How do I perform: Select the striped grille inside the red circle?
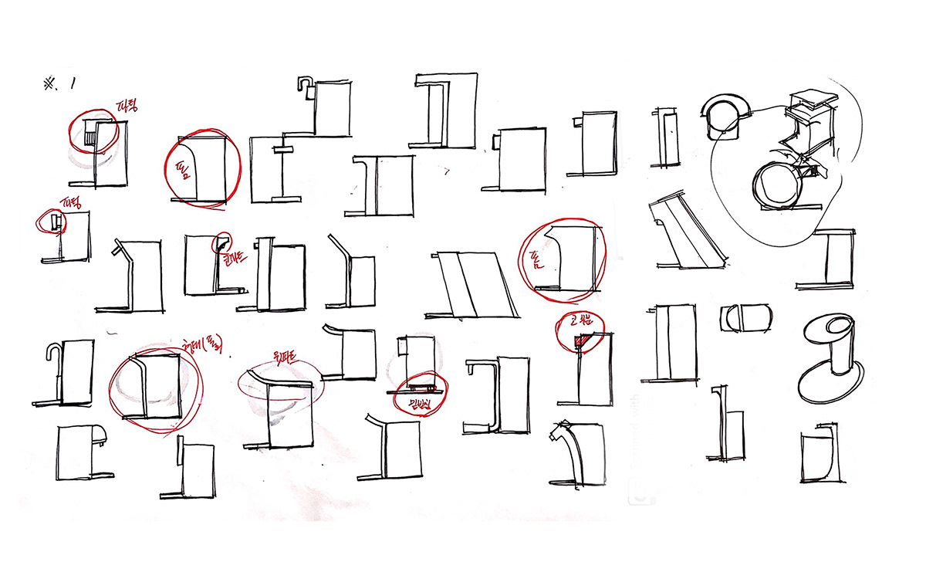coord(90,137)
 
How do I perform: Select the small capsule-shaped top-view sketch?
coord(746,317)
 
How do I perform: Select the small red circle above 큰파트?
coord(223,241)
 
